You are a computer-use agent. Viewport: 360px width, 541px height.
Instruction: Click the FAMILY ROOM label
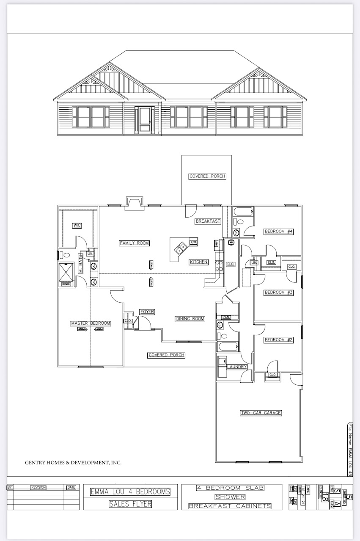(x=134, y=243)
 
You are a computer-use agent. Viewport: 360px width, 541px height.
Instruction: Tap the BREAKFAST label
(x=208, y=221)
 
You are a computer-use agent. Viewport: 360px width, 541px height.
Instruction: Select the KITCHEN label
(x=198, y=262)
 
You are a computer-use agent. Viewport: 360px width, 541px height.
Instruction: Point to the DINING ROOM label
(x=190, y=319)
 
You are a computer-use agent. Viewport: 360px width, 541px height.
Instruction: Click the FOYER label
(x=147, y=312)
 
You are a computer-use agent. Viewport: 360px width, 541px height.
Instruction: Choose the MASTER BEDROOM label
(x=91, y=323)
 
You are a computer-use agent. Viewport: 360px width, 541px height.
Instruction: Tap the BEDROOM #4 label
(x=278, y=232)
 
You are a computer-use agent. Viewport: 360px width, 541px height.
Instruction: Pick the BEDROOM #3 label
(x=278, y=293)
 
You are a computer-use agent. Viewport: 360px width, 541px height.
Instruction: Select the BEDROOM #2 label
(x=278, y=340)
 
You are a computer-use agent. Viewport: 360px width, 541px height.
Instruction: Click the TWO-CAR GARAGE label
(x=261, y=413)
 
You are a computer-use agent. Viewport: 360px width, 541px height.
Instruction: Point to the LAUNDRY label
(x=236, y=367)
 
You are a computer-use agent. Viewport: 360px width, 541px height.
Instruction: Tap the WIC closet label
(x=77, y=225)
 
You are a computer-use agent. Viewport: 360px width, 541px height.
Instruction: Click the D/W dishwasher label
(x=193, y=242)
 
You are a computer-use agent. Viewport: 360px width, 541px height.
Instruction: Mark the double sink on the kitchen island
(x=182, y=248)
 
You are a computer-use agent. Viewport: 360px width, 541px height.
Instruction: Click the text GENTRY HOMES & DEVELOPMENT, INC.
(x=73, y=463)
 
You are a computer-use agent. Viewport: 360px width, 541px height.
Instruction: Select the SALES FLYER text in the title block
(x=130, y=504)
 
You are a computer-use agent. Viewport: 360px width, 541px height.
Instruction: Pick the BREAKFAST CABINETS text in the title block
(x=230, y=506)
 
